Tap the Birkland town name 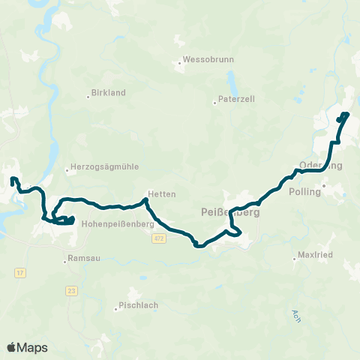coord(108,92)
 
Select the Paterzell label coord(238,99)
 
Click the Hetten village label coord(162,193)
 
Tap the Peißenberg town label coord(231,212)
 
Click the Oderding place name coord(320,166)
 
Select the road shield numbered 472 coord(158,238)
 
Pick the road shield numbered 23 coord(71,289)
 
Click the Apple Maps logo coord(27,347)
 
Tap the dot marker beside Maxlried coord(295,259)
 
